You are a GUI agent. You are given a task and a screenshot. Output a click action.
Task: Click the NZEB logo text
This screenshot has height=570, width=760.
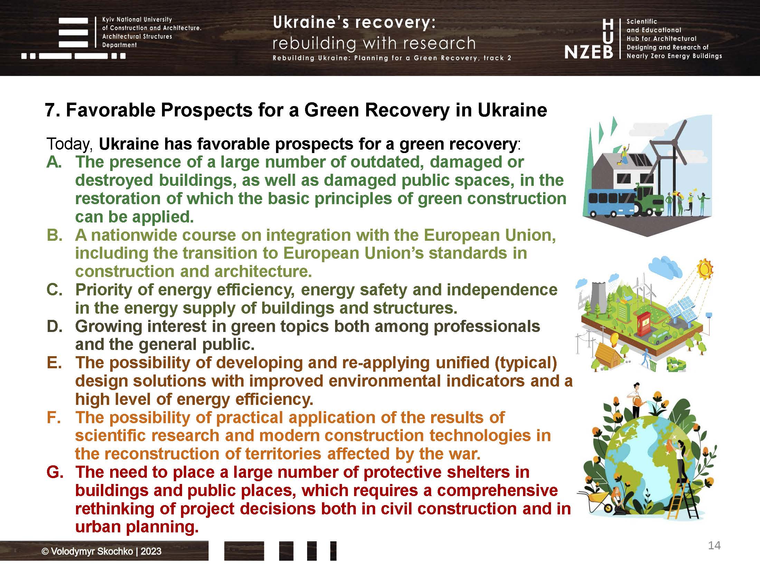coord(589,52)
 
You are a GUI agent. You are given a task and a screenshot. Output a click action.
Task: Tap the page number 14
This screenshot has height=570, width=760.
coord(714,545)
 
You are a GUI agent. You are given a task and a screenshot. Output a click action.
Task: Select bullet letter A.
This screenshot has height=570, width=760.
coord(54,162)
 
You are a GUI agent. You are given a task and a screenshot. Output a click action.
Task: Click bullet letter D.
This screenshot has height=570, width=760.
coord(54,326)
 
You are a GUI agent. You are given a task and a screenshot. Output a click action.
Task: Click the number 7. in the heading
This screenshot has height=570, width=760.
coord(52,110)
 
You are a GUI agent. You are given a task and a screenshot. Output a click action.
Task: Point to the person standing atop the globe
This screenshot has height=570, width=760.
coord(636,401)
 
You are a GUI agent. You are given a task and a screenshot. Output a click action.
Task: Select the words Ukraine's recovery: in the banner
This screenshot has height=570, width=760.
coord(354,23)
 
